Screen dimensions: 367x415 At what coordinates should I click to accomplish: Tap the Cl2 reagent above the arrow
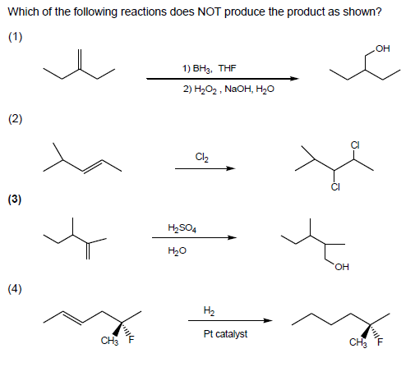[202, 156]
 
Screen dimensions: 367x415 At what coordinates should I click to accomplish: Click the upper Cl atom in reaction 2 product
[353, 145]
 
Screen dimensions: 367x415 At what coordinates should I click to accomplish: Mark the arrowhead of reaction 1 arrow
[292, 79]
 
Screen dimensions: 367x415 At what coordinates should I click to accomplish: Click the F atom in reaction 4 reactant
[127, 340]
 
